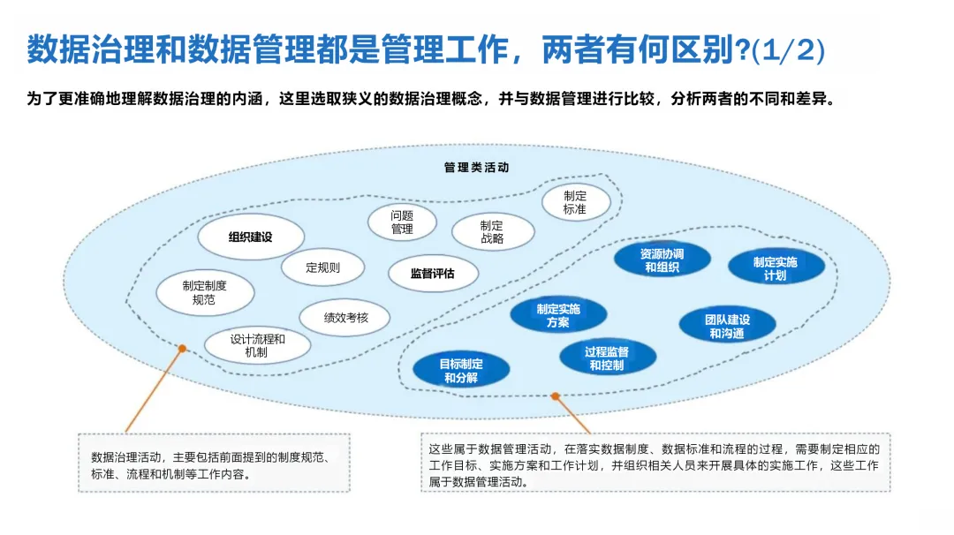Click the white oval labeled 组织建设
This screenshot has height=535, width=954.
pyautogui.click(x=251, y=237)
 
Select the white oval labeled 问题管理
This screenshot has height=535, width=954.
pyautogui.click(x=402, y=222)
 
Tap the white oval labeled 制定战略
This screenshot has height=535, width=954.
pyautogui.click(x=493, y=232)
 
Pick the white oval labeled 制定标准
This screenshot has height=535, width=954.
pyautogui.click(x=575, y=202)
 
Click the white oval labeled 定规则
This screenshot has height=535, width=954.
pyautogui.click(x=322, y=267)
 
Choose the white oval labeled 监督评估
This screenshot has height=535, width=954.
pyautogui.click(x=433, y=274)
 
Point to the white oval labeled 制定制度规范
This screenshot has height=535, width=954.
pyautogui.click(x=204, y=292)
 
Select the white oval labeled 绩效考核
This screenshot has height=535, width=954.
pyautogui.click(x=345, y=317)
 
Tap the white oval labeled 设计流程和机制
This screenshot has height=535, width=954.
pyautogui.click(x=257, y=345)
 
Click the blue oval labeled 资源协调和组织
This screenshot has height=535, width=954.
pyautogui.click(x=662, y=260)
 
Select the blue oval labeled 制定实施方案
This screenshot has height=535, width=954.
pyautogui.click(x=558, y=315)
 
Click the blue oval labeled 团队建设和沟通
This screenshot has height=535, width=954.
pyautogui.click(x=727, y=326)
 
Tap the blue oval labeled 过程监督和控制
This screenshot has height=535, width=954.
pyautogui.click(x=607, y=358)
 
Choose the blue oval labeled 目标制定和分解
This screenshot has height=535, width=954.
pyautogui.click(x=461, y=370)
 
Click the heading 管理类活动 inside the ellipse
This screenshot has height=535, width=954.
pyautogui.click(x=477, y=167)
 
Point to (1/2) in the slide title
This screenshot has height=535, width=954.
pyautogui.click(x=788, y=50)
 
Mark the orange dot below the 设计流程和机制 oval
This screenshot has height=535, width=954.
pyautogui.click(x=182, y=349)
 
